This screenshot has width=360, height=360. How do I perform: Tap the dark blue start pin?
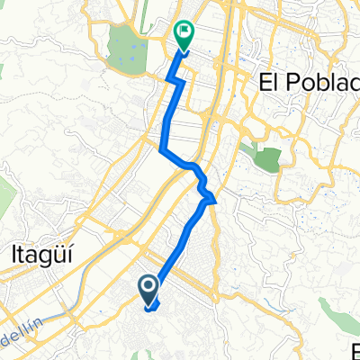(148, 288)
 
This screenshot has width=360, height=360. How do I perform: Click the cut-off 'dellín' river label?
(22, 310)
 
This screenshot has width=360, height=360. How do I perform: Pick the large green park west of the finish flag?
(125, 49)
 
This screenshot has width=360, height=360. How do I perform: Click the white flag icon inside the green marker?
(184, 30)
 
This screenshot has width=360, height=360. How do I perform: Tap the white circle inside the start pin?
(148, 285)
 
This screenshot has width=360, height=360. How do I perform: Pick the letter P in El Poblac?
(285, 82)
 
